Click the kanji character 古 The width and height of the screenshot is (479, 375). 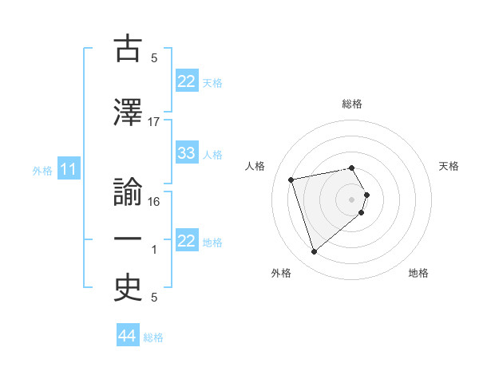[128, 49]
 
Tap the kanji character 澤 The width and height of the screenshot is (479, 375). [128, 112]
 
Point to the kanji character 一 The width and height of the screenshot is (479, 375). [128, 239]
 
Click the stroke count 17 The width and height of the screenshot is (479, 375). [154, 122]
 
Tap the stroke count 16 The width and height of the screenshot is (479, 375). [154, 201]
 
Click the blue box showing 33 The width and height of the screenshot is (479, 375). [187, 153]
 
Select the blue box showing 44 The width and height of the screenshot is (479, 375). [127, 336]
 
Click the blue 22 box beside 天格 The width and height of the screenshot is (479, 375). [187, 81]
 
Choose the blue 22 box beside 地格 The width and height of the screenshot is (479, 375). [187, 241]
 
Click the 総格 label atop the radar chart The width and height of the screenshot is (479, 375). [352, 104]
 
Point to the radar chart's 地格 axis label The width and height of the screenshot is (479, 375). [418, 274]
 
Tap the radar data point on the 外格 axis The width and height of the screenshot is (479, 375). [314, 252]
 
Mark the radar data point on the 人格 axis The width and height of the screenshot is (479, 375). [291, 179]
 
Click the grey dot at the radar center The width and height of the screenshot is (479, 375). [352, 199]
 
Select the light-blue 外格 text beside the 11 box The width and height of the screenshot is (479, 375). [42, 170]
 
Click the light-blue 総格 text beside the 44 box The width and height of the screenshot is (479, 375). [153, 337]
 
